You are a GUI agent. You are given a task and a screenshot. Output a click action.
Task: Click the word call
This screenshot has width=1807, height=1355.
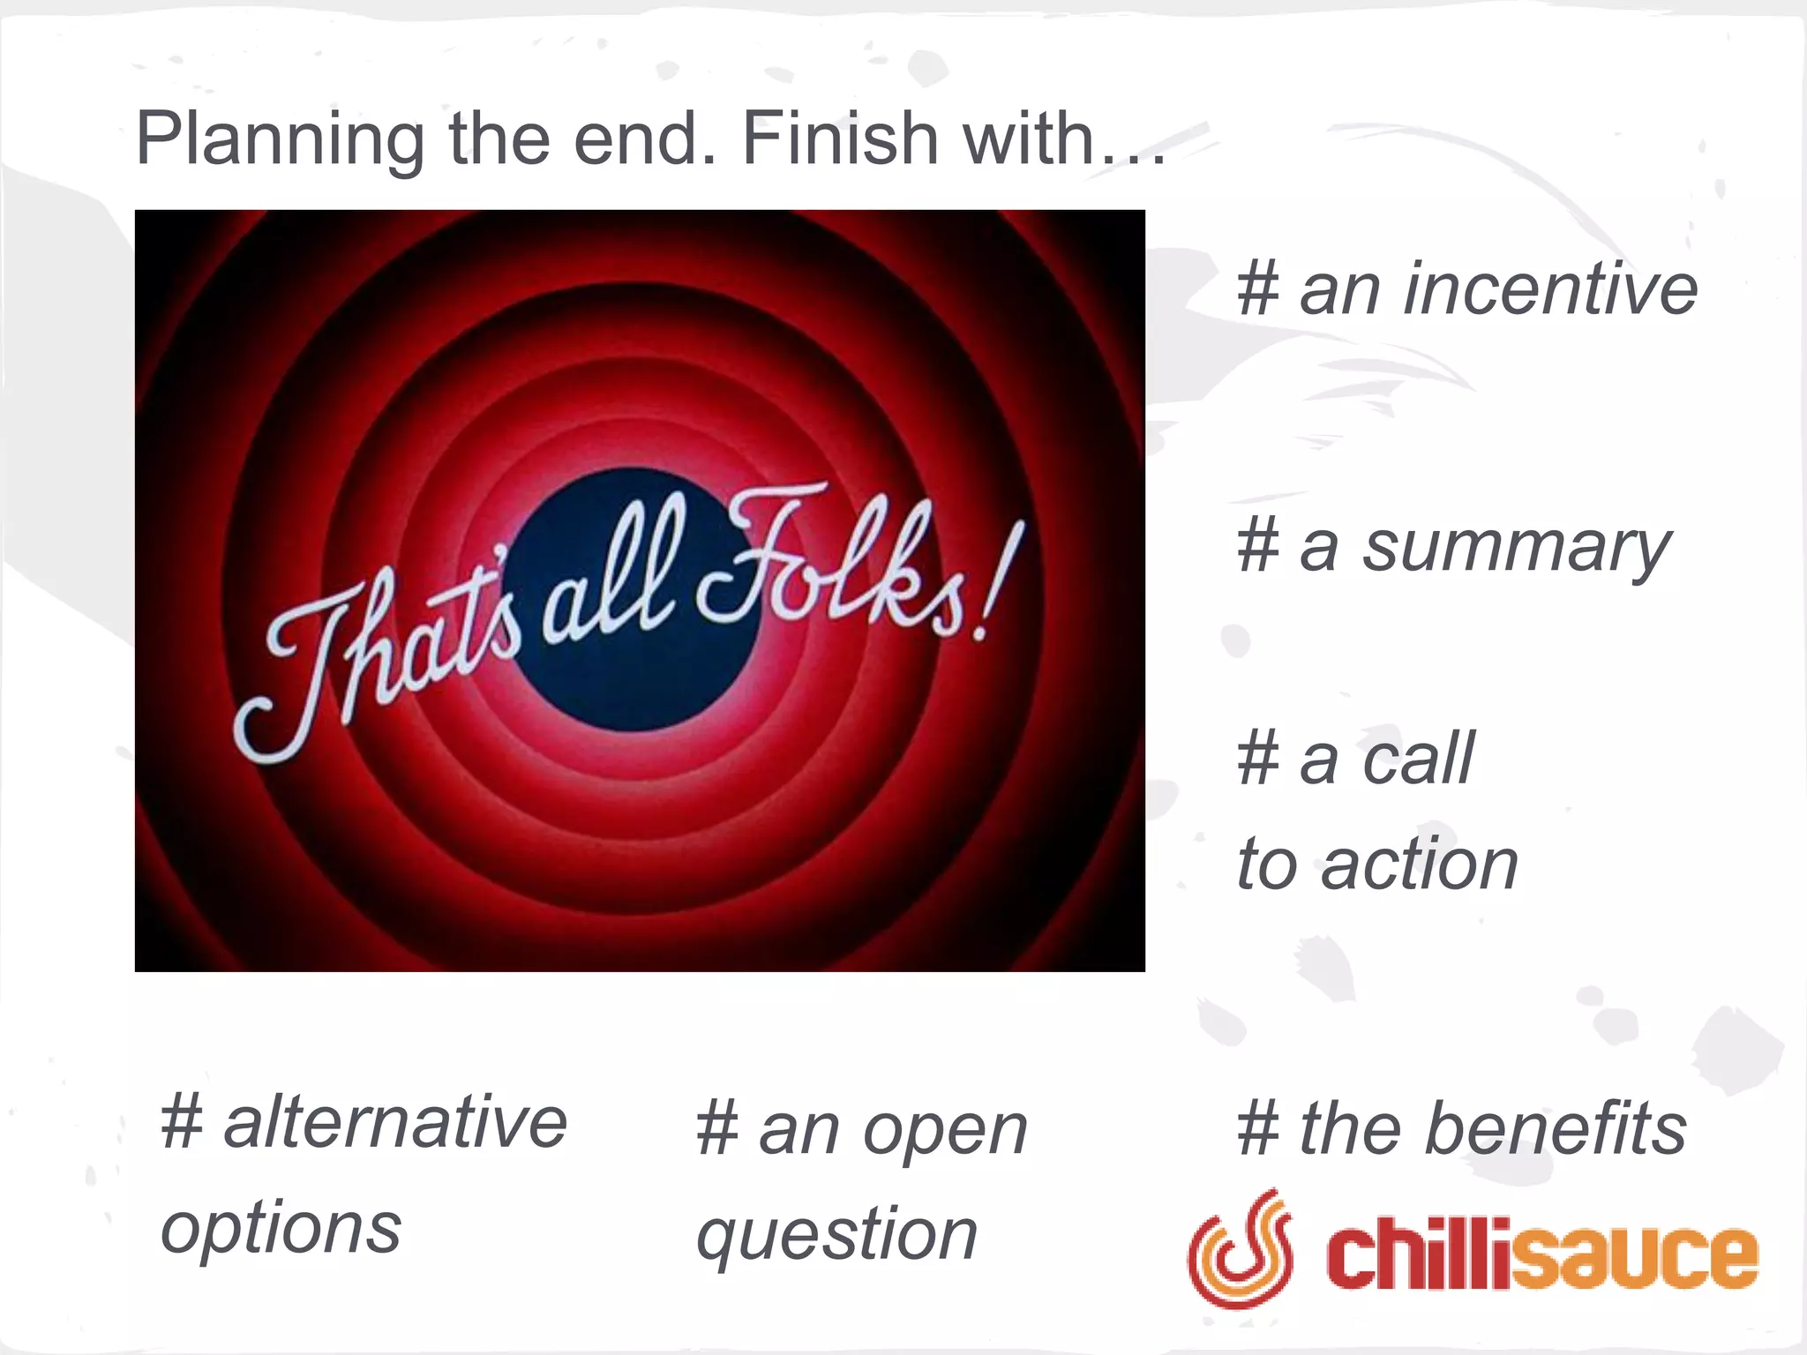tap(1417, 759)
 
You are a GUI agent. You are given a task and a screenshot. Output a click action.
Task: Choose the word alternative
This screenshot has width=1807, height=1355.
tap(395, 1122)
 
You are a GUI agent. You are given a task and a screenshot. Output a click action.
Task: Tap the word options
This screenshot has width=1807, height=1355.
tap(281, 1228)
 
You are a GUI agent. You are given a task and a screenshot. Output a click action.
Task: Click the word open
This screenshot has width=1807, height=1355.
tap(945, 1131)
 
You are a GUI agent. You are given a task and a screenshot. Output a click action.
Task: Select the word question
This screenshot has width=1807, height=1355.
tap(836, 1235)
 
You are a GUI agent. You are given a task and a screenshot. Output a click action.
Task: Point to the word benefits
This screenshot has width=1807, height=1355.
tap(1555, 1128)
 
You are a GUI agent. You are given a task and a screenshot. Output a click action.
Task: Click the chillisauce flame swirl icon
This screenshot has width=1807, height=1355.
tap(1241, 1247)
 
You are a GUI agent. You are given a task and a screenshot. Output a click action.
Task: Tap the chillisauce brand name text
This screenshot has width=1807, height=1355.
tap(1541, 1254)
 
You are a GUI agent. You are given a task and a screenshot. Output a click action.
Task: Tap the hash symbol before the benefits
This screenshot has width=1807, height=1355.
tap(1258, 1128)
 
